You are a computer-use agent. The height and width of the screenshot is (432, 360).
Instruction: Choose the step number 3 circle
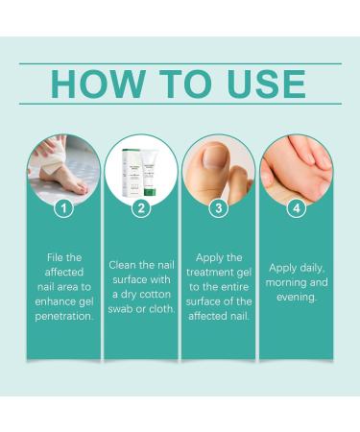coord(219,206)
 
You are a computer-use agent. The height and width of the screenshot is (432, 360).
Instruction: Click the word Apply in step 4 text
coord(281,268)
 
